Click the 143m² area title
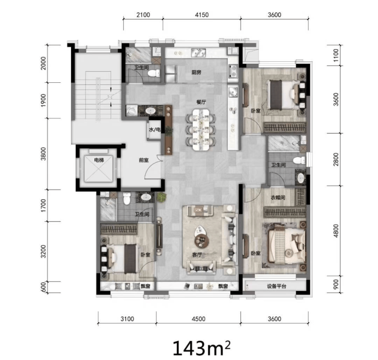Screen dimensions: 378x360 [x=202, y=347]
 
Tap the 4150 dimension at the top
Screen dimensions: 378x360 [x=202, y=15]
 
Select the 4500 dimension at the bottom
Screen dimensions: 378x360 [x=198, y=319]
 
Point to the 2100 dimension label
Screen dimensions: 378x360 [x=143, y=15]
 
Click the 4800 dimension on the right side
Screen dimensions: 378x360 [x=336, y=231]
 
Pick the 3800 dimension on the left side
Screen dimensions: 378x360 [x=43, y=154]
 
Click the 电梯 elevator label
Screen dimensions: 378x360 [x=99, y=160]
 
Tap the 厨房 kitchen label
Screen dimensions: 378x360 [x=197, y=72]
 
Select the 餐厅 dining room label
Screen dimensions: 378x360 [x=201, y=102]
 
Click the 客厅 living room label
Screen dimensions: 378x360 [x=197, y=255]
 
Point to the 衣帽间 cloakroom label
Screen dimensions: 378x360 [x=278, y=197]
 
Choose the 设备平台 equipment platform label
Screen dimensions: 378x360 [x=276, y=286]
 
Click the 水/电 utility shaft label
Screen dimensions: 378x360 [x=155, y=130]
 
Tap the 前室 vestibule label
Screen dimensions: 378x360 [x=144, y=160]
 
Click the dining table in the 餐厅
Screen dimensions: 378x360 [x=201, y=130]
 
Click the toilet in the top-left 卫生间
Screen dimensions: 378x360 [x=154, y=73]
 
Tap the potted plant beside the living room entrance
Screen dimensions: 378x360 [x=161, y=197]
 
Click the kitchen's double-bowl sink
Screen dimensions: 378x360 [x=199, y=53]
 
